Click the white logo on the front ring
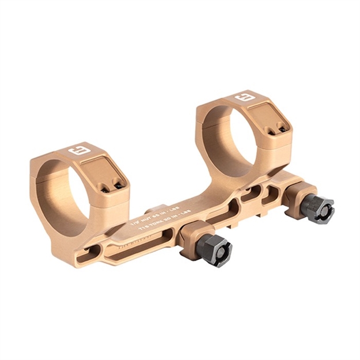pyautogui.click(x=77, y=152)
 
